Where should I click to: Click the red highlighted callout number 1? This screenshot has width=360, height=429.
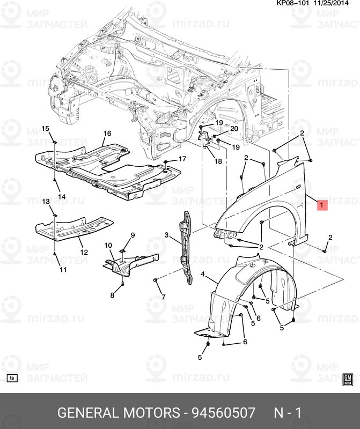click(322, 205)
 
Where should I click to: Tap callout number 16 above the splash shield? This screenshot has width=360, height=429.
click(107, 133)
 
